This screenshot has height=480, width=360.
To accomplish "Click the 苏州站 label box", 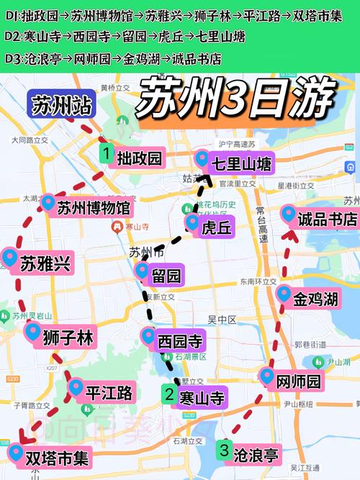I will (62, 107).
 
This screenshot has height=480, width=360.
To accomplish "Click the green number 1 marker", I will (106, 153).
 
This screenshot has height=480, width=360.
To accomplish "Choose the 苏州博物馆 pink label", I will (94, 209).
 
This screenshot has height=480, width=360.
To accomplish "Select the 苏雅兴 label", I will (45, 263).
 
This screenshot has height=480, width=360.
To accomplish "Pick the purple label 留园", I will (166, 274).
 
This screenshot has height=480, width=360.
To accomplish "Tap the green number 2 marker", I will (168, 394).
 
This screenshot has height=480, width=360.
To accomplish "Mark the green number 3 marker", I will (224, 452).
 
